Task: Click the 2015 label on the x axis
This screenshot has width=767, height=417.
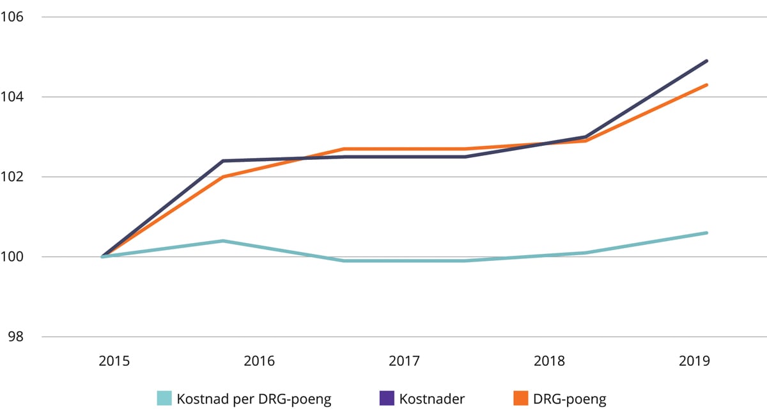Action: click(114, 361)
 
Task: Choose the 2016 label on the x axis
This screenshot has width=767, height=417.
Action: click(259, 361)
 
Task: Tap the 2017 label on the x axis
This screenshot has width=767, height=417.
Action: click(404, 361)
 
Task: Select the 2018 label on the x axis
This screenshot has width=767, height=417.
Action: click(549, 361)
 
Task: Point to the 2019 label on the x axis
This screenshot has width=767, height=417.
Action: click(694, 361)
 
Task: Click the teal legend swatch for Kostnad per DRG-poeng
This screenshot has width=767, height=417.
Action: click(165, 399)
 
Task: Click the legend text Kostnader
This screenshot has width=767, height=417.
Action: click(432, 399)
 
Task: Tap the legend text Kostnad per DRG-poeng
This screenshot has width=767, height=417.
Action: click(254, 399)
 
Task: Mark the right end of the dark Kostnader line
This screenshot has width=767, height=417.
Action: click(707, 61)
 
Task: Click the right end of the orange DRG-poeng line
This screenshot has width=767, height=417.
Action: click(707, 84)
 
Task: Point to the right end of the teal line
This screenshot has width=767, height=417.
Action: click(707, 233)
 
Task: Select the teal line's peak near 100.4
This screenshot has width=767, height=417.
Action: click(222, 241)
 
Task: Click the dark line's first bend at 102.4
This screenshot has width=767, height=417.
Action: click(222, 161)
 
